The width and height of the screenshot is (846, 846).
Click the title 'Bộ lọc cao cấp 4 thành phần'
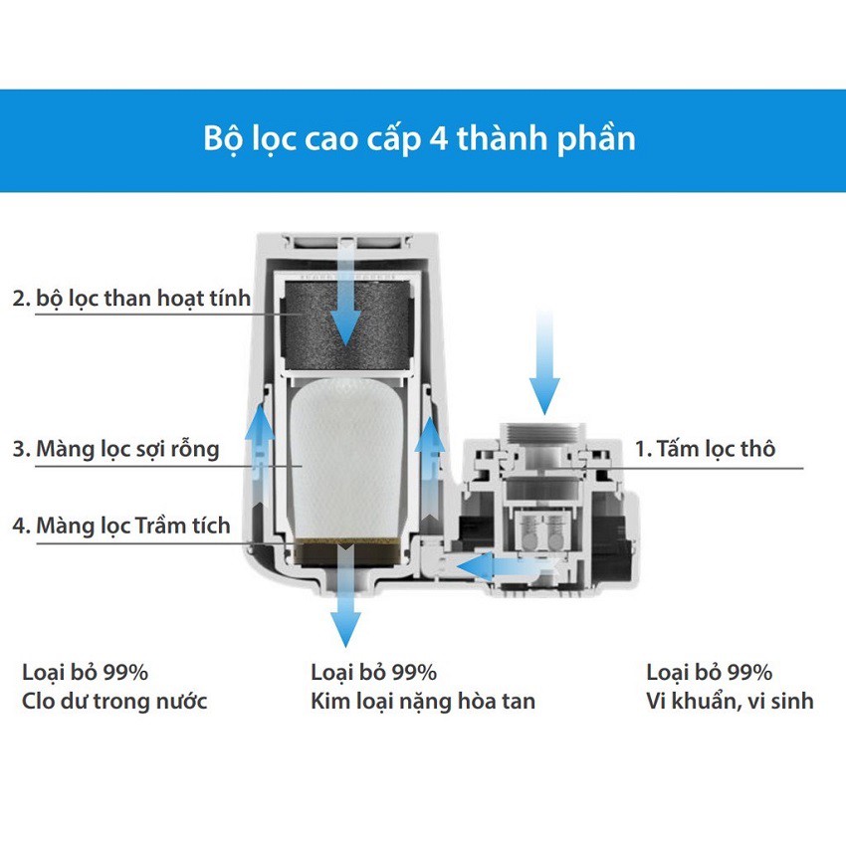(419, 138)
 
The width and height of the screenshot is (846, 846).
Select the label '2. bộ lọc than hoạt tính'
(131, 299)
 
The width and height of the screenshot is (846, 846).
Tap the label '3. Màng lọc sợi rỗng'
(116, 449)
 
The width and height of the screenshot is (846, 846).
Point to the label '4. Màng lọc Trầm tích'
(121, 525)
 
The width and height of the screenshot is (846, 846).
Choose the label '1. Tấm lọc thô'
(705, 448)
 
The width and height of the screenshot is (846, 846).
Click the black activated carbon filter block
(348, 324)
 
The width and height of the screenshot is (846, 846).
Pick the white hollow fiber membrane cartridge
(348, 459)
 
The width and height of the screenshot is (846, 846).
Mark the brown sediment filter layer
(348, 551)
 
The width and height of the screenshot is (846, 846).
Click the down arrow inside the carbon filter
(345, 294)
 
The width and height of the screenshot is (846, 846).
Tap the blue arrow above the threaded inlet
(544, 361)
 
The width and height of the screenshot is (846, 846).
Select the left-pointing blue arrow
(497, 566)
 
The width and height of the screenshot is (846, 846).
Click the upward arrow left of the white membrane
(260, 453)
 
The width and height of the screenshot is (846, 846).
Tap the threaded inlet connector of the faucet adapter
(542, 433)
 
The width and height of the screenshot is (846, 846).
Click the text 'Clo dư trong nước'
(114, 701)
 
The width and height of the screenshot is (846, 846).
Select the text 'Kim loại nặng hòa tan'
(423, 702)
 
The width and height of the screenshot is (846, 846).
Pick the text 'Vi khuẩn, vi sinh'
(730, 701)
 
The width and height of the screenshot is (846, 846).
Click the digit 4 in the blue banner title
(439, 139)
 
